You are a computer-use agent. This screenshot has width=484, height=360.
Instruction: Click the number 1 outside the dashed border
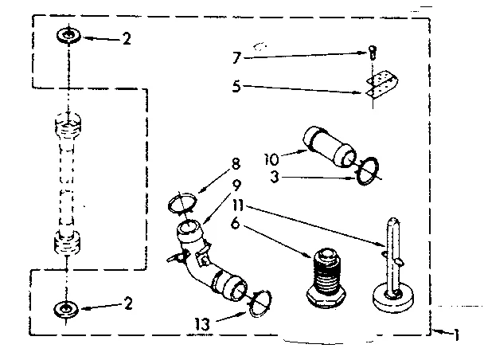point(457,335)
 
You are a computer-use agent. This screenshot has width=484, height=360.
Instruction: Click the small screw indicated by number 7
point(372,53)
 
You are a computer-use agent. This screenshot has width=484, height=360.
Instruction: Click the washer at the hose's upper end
point(66,36)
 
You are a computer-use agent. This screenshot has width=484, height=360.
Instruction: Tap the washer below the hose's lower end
point(66,309)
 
